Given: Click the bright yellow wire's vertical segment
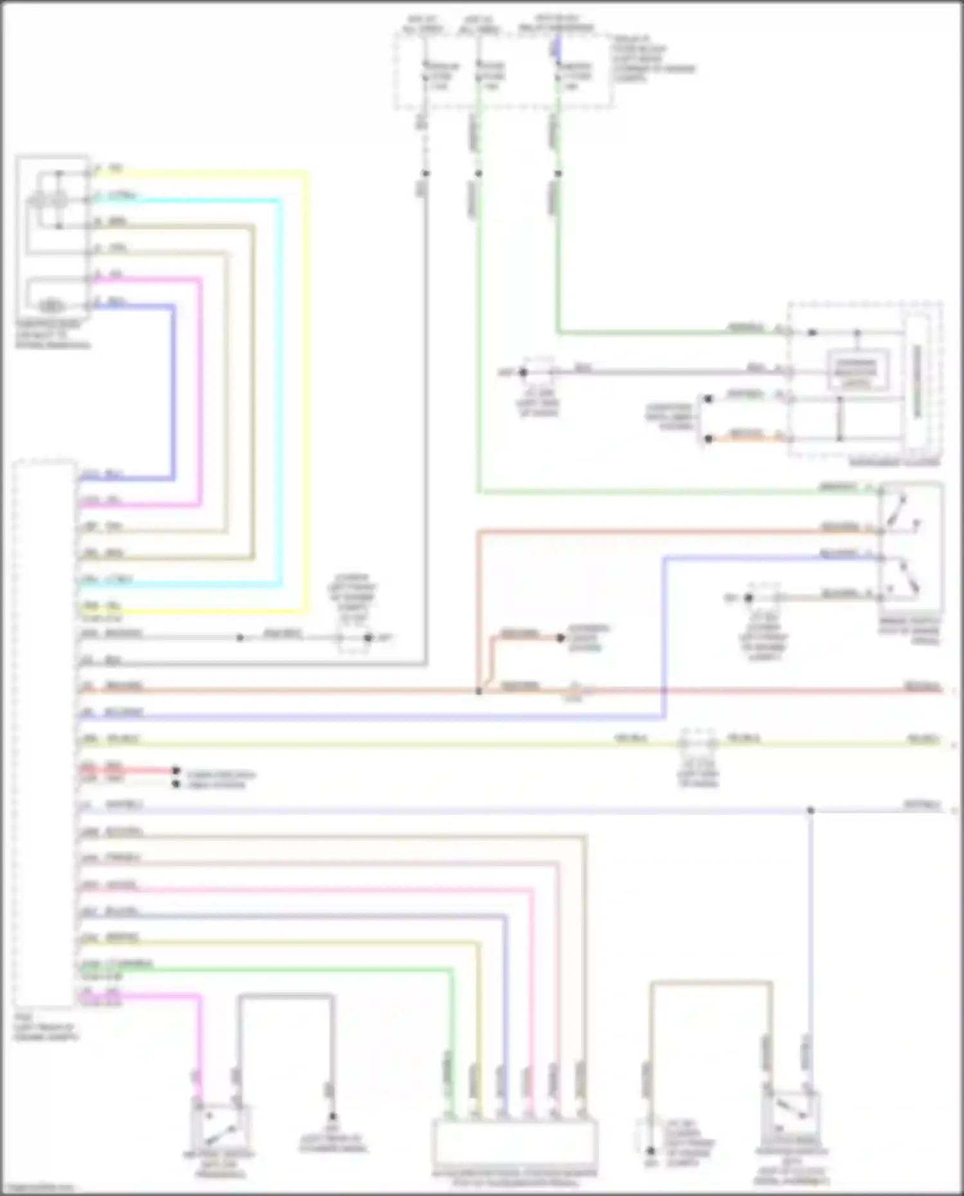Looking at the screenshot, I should [307, 386].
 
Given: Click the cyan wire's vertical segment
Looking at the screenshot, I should [280, 386].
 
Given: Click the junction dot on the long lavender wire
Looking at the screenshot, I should [810, 810].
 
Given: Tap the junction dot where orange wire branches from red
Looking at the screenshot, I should [479, 691].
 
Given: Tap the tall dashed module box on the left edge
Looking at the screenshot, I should [44, 733].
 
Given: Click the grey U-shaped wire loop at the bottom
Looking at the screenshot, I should [285, 997].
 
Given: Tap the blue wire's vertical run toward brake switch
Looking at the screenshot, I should [664, 636].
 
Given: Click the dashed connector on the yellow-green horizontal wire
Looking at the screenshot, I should [698, 743].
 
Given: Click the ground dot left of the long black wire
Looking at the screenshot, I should [523, 372].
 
